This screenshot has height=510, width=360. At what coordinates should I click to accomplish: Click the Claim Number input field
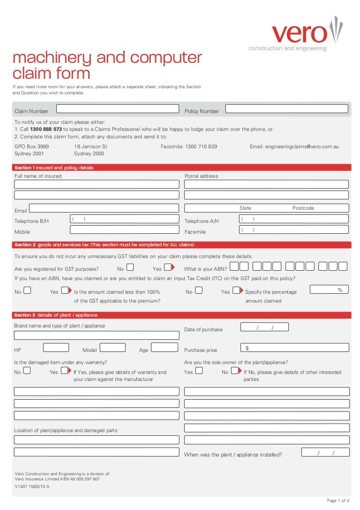pyautogui.click(x=118, y=109)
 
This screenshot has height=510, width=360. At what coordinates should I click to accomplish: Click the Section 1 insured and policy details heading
pyautogui.click(x=54, y=167)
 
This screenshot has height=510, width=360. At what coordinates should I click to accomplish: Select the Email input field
pyautogui.click(x=104, y=208)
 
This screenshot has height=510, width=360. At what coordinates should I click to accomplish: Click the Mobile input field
pyautogui.click(x=124, y=229)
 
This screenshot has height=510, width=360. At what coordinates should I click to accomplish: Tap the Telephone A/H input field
pyautogui.click(x=293, y=219)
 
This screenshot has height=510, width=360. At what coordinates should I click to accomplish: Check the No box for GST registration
pyautogui.click(x=130, y=267)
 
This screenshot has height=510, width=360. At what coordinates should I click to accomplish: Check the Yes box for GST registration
pyautogui.click(x=167, y=267)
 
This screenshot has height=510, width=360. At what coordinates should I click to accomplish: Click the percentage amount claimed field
pyautogui.click(x=329, y=290)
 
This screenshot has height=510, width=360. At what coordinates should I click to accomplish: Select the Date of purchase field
pyautogui.click(x=264, y=327)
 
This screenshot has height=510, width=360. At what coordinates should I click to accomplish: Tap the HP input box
pyautogui.click(x=56, y=348)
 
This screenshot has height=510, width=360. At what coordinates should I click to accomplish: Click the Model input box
pyautogui.click(x=112, y=348)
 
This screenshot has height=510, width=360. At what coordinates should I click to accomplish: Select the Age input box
pyautogui.click(x=165, y=348)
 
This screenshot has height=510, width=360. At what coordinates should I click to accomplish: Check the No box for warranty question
pyautogui.click(x=27, y=370)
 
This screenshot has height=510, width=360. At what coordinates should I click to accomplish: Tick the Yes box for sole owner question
pyautogui.click(x=199, y=370)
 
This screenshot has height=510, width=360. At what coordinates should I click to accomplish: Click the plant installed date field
pyautogui.click(x=325, y=452)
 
